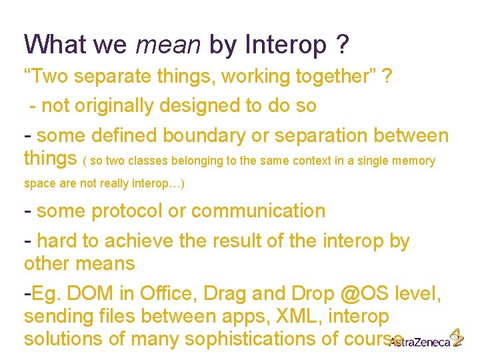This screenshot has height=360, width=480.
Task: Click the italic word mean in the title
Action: tap(168, 45)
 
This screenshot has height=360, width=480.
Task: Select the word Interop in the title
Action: tap(285, 45)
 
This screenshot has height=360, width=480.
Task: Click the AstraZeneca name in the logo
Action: tap(417, 342)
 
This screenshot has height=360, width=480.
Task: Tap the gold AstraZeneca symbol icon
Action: tap(456, 337)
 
